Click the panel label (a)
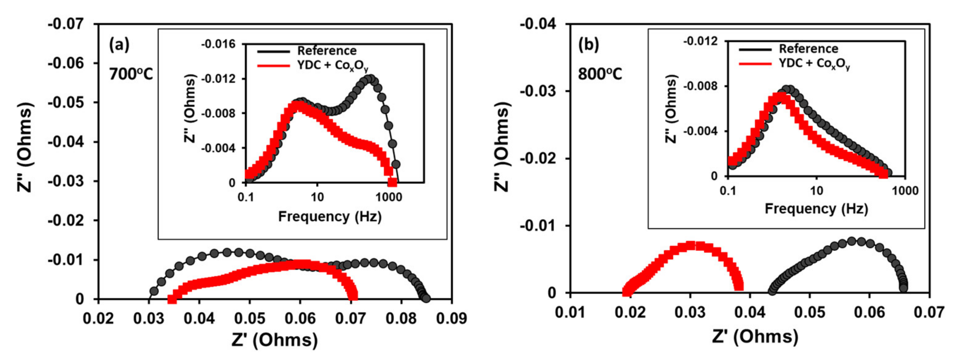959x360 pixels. point(119,45)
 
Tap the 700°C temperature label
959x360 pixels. point(131,74)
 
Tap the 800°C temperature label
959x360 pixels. point(600,74)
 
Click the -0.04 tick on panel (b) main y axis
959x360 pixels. point(537,24)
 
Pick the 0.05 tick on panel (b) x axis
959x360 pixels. point(809,312)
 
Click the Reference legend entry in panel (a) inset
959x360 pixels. point(326,51)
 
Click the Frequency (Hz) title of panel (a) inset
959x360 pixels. point(330,216)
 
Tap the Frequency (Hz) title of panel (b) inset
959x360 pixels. point(816,209)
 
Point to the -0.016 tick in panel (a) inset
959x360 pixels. point(218,44)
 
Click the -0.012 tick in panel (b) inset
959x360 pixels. point(700,41)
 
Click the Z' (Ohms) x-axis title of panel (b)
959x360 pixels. point(755,337)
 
